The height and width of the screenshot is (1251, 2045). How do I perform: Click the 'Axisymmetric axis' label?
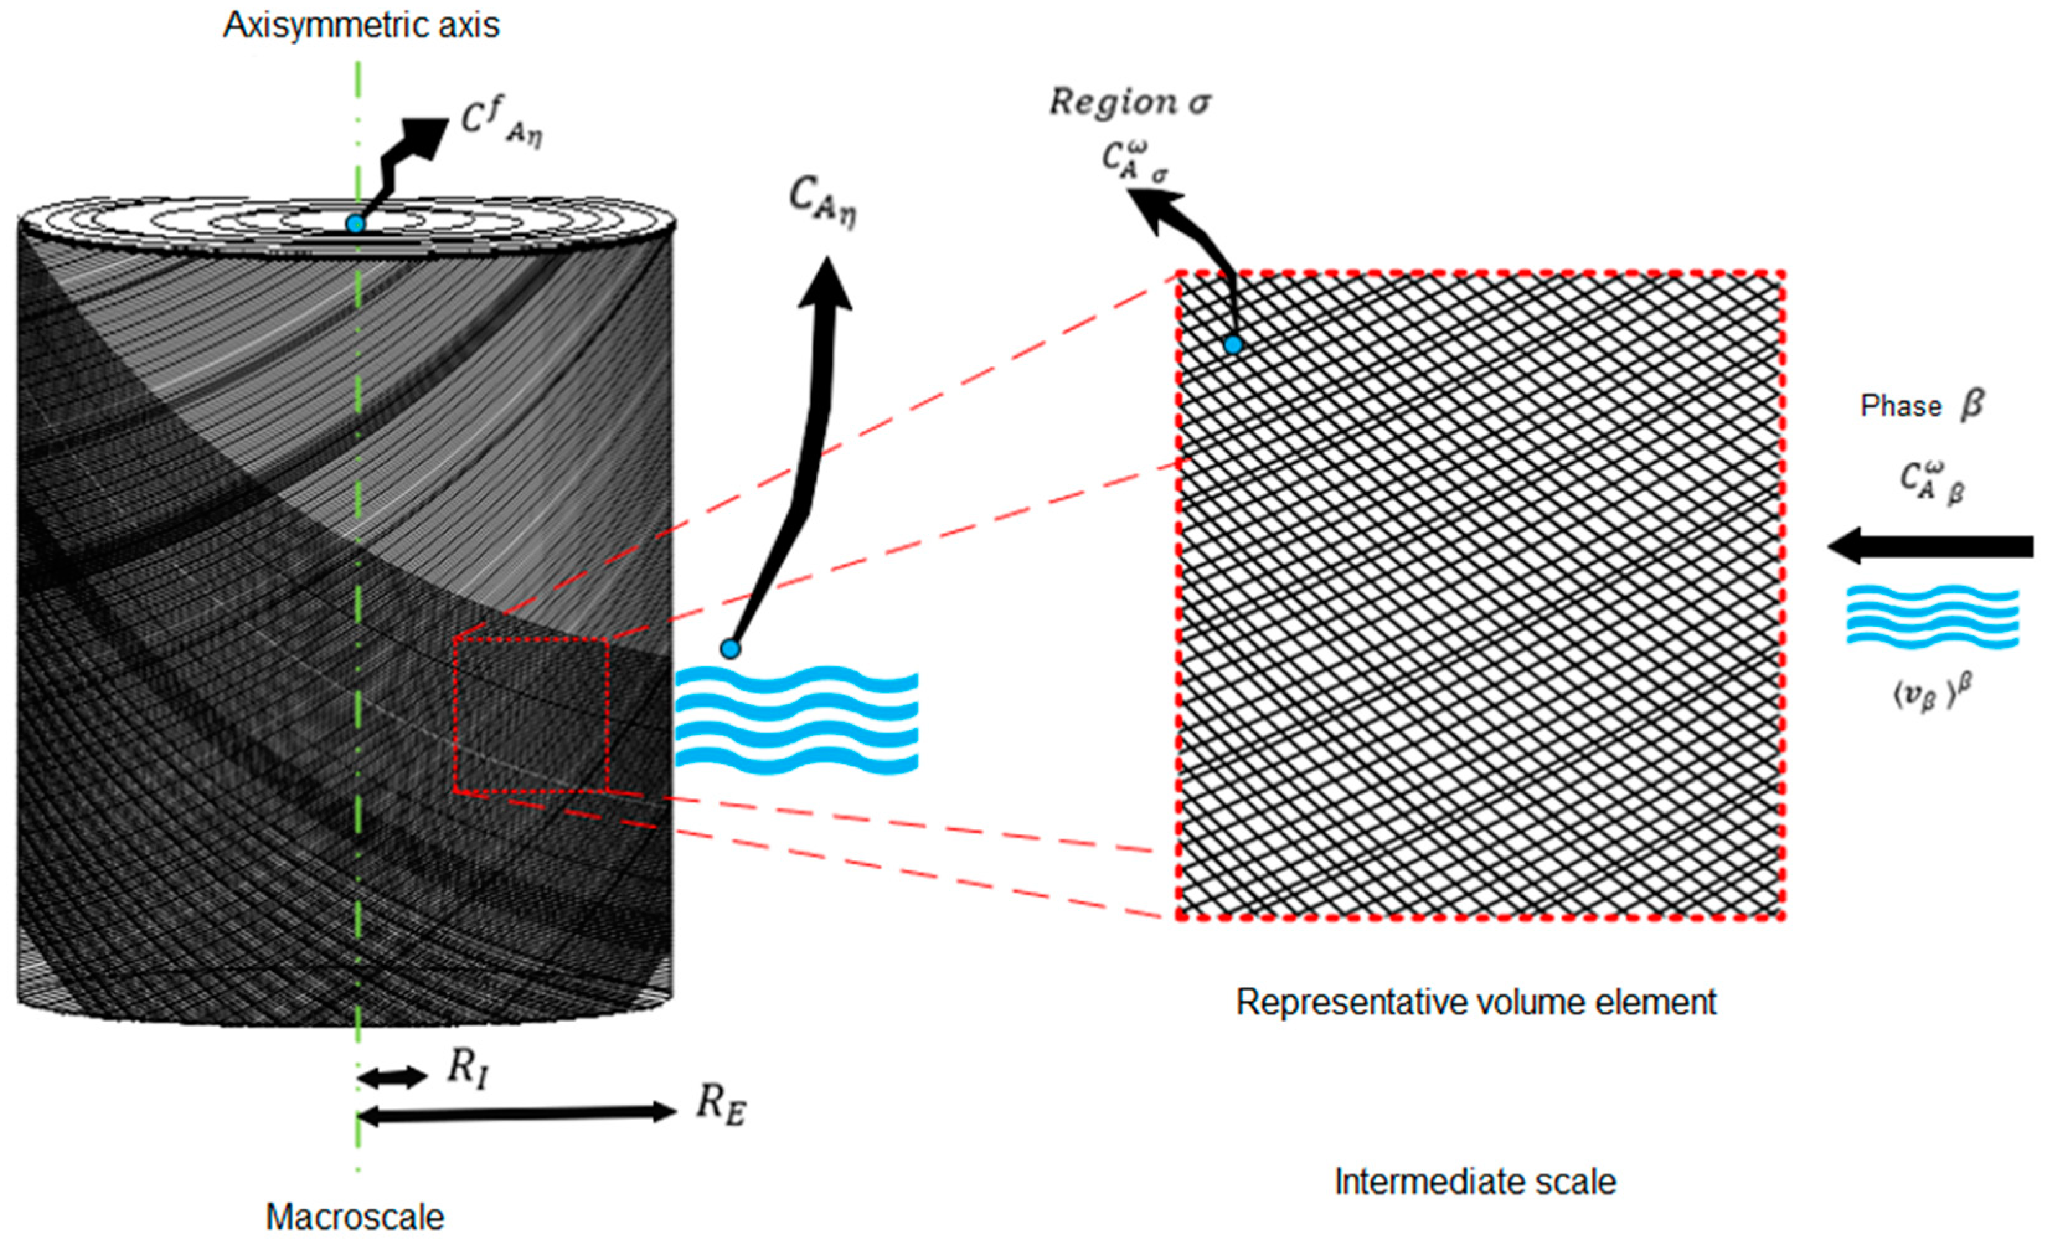click(361, 25)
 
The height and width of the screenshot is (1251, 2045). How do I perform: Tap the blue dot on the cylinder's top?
click(355, 224)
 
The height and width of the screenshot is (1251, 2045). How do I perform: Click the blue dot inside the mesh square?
click(1232, 344)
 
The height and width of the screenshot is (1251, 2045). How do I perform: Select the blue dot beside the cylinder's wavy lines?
click(729, 648)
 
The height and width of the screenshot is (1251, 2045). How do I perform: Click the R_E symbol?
click(720, 1107)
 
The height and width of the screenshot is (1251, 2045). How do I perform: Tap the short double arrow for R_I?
click(392, 1077)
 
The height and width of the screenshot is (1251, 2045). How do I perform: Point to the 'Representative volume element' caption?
click(1475, 1002)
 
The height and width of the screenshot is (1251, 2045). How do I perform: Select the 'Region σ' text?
click(1129, 103)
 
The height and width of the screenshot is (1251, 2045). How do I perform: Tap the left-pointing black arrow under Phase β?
click(1930, 546)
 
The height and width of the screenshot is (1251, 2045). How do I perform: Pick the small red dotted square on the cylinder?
click(530, 715)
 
